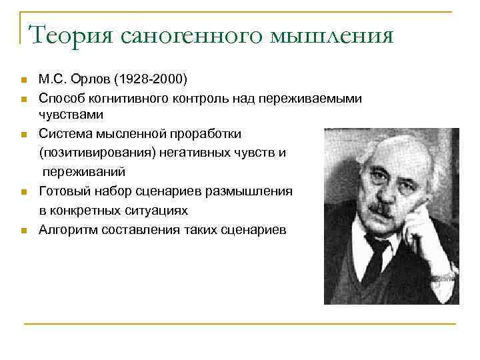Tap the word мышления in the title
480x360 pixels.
point(333,35)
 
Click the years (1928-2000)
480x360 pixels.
point(152,80)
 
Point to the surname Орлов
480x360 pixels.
point(95,80)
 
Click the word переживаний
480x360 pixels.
point(83,171)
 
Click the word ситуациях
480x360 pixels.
point(157,211)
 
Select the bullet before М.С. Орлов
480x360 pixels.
point(23,81)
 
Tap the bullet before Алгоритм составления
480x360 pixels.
point(23,231)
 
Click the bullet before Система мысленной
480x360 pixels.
point(23,134)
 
